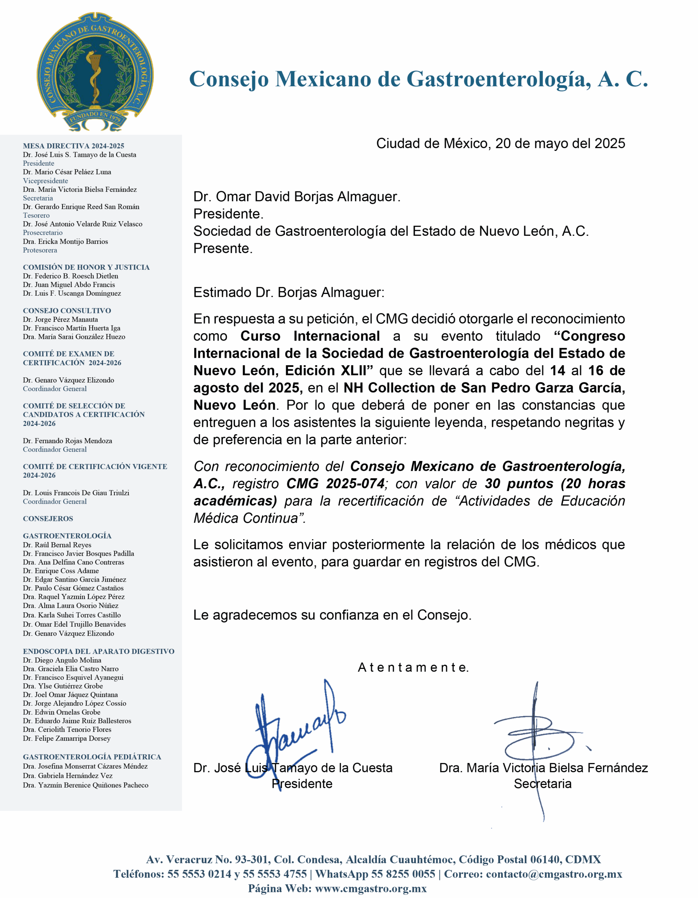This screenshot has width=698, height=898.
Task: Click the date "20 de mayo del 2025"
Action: pos(560,143)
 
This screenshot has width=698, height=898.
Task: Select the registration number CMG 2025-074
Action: pos(335,483)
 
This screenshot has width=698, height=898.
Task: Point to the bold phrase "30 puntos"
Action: pos(519,483)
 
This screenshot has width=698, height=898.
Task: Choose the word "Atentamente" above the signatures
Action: pos(413,667)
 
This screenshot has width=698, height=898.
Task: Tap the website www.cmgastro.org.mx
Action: pos(371,888)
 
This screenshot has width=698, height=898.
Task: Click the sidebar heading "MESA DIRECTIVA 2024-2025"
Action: pos(73,146)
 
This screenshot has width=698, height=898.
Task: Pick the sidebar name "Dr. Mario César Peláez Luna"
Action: pos(67,172)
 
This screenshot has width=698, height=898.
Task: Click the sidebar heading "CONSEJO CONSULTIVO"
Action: pos(67,311)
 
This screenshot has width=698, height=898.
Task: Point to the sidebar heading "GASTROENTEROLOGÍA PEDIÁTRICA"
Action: pos(92,757)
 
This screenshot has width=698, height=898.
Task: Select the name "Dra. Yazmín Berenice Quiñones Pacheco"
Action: pos(86,785)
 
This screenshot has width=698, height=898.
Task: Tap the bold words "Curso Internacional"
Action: pos(310,336)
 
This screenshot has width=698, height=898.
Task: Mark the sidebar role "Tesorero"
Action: pos(36,215)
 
